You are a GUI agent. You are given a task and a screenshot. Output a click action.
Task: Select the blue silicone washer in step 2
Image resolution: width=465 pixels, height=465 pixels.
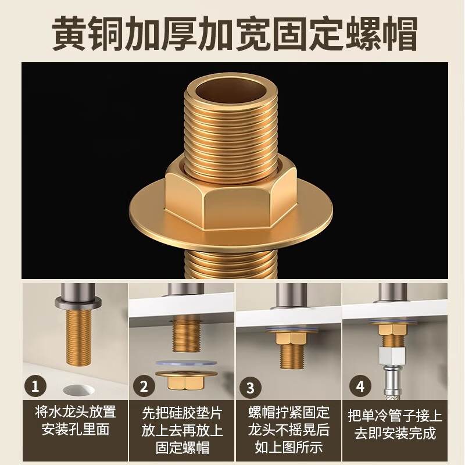pos(186,364)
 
